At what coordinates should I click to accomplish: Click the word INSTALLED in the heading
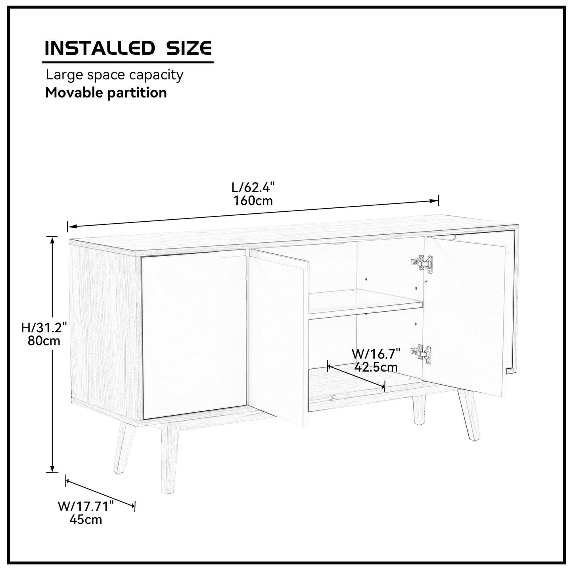(x=98, y=48)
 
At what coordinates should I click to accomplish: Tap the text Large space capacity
(x=114, y=75)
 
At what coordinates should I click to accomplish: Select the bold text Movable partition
(x=106, y=93)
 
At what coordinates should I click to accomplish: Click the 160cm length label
(x=253, y=201)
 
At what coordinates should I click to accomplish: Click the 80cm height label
(x=44, y=340)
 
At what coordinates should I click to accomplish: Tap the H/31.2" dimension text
(x=44, y=328)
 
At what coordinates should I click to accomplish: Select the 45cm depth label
(x=86, y=519)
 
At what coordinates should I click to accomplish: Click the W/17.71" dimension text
(x=86, y=506)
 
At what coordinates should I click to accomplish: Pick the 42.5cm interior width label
(x=376, y=367)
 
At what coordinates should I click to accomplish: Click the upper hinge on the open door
(x=422, y=263)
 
